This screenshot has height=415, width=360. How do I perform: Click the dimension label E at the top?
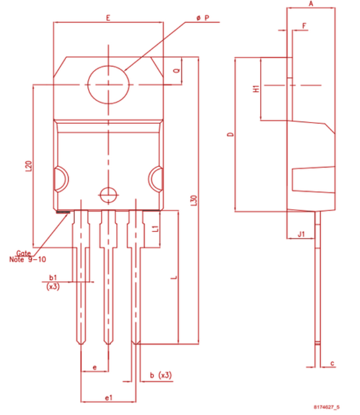pos(108,17)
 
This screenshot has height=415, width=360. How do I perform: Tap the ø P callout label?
pos(203,17)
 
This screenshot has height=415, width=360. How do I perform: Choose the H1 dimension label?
pos(256,89)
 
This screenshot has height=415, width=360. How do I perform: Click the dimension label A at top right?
pos(311,4)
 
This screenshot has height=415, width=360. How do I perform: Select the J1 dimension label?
pos(301,233)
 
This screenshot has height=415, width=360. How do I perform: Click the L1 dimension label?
pos(154,229)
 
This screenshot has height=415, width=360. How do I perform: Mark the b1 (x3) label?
pos(52,281)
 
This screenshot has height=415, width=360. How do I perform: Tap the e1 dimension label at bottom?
pos(108,397)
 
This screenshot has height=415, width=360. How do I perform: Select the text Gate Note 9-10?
pos(28,256)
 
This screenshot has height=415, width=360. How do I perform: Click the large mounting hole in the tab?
pos(108,85)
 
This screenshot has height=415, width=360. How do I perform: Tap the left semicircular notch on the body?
pos(59,178)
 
